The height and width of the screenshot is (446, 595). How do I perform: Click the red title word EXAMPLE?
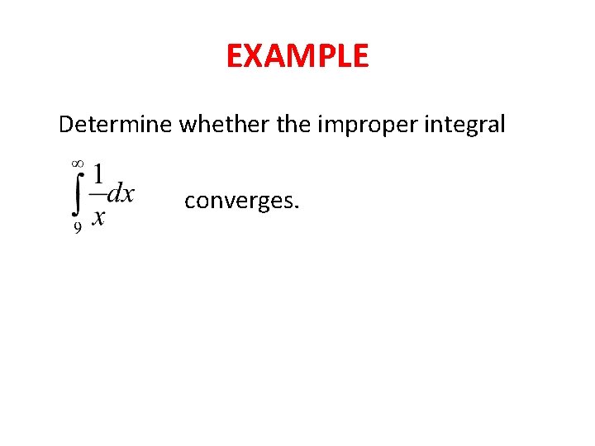tap(297, 56)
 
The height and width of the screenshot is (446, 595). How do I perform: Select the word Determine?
tap(116, 126)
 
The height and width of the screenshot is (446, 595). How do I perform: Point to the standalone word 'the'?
tap(285, 126)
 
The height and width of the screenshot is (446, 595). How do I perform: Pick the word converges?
tap(239, 201)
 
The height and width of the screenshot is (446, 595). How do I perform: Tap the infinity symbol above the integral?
tap(78, 166)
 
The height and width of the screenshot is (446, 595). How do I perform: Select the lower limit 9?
tap(78, 230)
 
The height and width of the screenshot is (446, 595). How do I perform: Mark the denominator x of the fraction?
tap(98, 217)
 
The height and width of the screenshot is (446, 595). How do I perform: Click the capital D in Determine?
tap(66, 126)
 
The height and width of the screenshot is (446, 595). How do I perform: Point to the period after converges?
tap(297, 207)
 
